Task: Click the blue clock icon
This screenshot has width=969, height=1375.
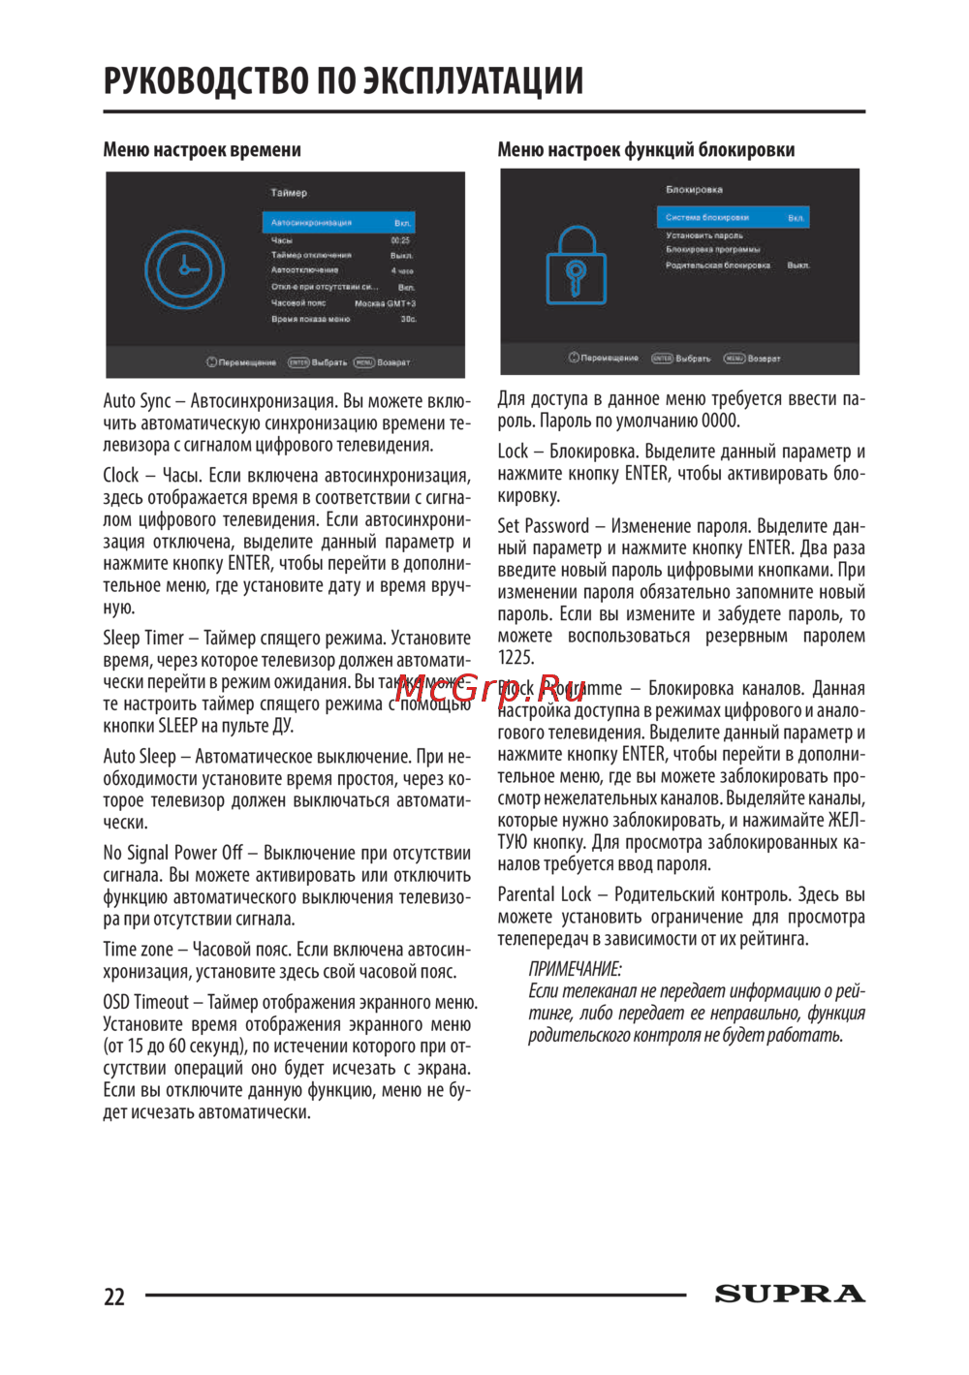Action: (184, 268)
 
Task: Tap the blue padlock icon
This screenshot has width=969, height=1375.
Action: (576, 266)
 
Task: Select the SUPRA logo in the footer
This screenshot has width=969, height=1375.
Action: (790, 1294)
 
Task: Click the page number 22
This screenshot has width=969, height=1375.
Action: (114, 1297)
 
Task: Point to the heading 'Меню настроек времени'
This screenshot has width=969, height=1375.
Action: (202, 150)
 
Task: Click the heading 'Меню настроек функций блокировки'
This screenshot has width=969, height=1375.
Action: (645, 150)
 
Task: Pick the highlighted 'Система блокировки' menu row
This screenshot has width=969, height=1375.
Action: (732, 218)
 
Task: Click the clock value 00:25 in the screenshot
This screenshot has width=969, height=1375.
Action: (400, 240)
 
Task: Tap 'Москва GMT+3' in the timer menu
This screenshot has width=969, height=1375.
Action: (385, 303)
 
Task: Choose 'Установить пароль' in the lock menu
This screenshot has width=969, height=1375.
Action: (704, 235)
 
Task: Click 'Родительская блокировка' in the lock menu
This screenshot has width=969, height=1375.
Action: (718, 265)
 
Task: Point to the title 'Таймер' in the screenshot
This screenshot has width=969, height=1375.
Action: (289, 193)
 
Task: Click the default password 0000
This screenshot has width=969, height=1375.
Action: (720, 421)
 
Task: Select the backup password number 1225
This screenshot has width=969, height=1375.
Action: (516, 658)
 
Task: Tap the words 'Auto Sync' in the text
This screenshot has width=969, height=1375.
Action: (137, 401)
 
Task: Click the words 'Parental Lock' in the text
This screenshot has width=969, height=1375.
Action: (544, 894)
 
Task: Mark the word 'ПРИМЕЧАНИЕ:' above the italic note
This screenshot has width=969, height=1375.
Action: (575, 969)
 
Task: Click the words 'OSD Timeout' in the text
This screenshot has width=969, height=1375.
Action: (146, 1002)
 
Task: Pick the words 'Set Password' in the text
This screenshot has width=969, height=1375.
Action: (543, 526)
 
